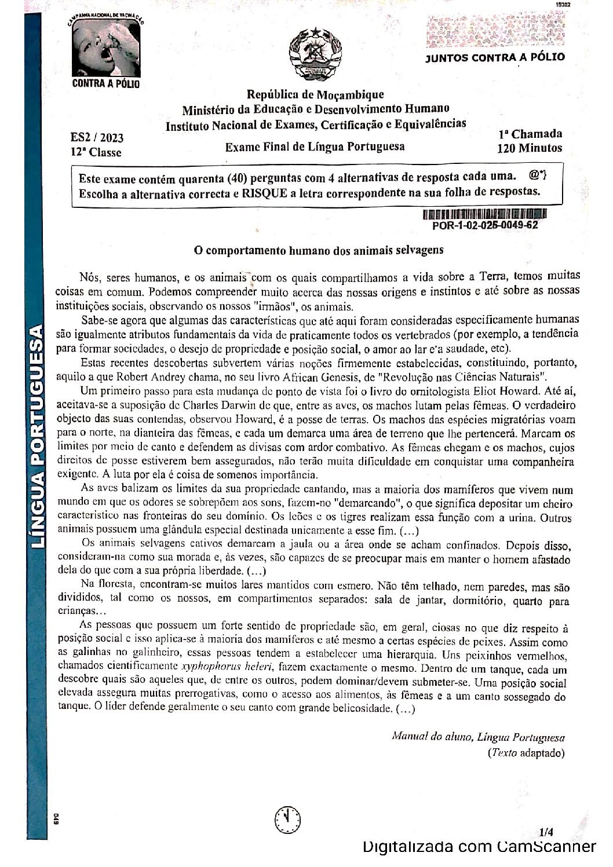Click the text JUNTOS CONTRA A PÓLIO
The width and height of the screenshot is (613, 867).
point(495,57)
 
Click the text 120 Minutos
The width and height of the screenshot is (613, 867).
point(530,148)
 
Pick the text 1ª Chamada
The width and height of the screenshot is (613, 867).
point(530,134)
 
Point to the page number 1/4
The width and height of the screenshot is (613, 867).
point(545,832)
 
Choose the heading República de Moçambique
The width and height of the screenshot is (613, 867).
point(315,94)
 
